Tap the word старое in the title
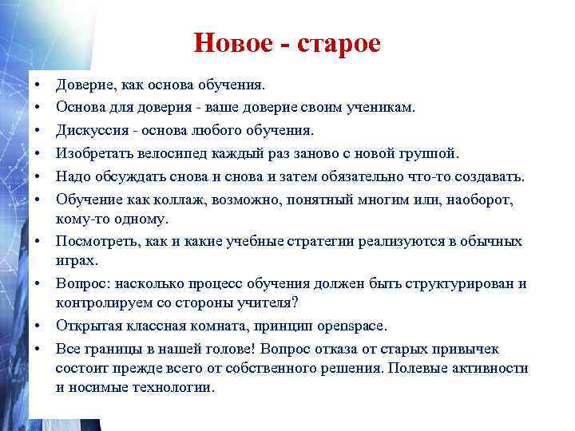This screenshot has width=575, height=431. [339, 43]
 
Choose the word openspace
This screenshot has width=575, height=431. [352, 326]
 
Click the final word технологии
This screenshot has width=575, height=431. [176, 388]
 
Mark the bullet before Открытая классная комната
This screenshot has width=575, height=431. [38, 326]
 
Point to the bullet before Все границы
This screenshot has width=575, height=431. [38, 348]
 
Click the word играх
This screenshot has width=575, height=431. [77, 260]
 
